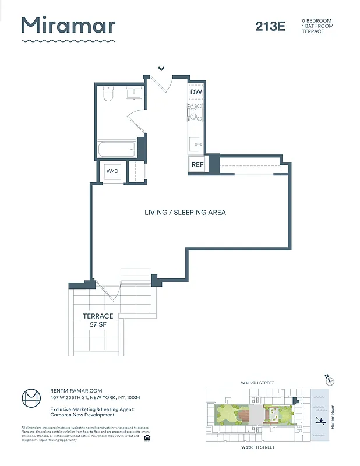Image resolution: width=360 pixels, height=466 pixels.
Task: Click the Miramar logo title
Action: (x=68, y=26)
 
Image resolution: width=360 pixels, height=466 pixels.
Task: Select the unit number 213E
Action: (x=270, y=26)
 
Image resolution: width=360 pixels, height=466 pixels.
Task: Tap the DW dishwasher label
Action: (x=196, y=92)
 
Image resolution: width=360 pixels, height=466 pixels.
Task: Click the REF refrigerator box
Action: (x=197, y=165)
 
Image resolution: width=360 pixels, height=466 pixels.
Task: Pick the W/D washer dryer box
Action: (x=112, y=171)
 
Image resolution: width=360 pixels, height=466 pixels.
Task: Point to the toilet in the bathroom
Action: (x=107, y=94)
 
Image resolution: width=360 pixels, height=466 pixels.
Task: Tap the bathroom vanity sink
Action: (x=134, y=93)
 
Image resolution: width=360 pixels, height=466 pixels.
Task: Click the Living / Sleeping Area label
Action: (x=185, y=213)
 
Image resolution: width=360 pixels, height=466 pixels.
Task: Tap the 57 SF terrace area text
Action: (x=97, y=324)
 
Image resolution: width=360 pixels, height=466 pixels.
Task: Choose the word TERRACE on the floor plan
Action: (x=97, y=316)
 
